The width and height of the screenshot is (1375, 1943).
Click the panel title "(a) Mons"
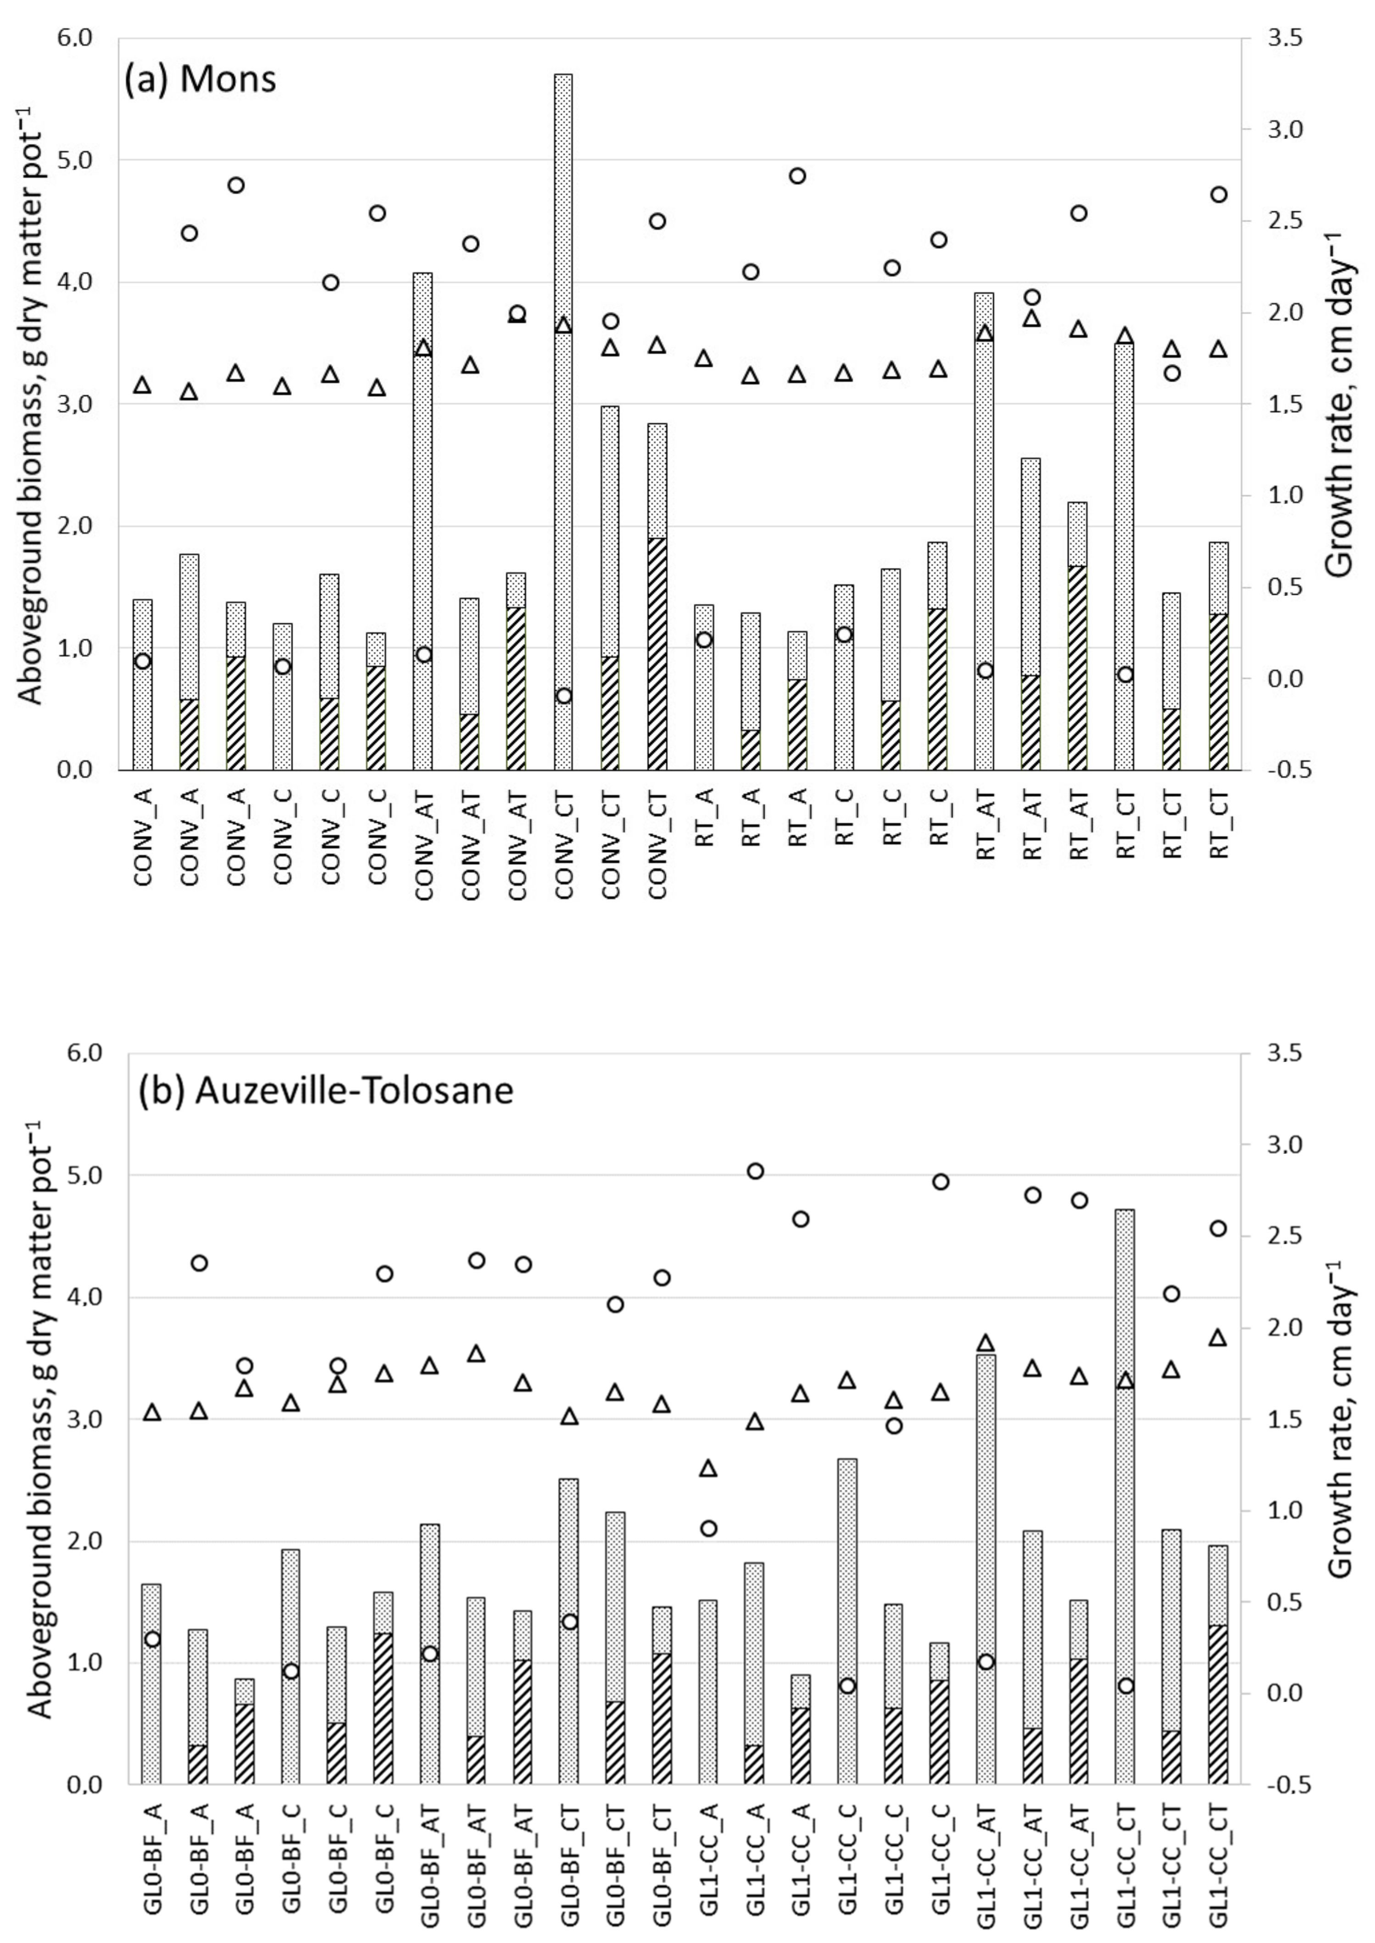200,79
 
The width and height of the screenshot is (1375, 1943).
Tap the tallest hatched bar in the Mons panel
657,654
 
